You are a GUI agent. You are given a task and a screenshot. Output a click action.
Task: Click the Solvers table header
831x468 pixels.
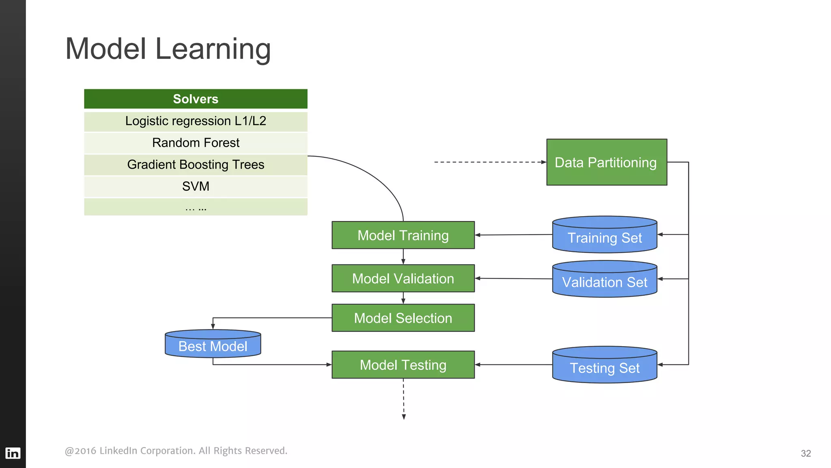click(196, 99)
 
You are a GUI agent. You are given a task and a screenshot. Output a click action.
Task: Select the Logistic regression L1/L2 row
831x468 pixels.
click(196, 121)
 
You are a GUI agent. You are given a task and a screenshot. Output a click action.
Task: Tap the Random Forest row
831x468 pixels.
click(196, 143)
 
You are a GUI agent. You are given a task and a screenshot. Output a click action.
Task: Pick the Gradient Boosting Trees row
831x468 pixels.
click(196, 165)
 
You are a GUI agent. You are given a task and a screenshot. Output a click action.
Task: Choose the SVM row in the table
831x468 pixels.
click(196, 186)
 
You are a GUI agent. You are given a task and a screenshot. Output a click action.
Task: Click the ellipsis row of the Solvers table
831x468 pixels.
click(196, 207)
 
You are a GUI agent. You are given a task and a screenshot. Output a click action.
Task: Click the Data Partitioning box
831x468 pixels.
click(606, 162)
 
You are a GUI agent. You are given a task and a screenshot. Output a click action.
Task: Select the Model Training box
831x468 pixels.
click(403, 235)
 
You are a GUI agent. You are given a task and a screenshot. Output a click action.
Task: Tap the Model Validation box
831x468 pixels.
click(403, 279)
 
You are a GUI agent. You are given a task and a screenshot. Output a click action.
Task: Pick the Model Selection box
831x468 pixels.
click(403, 318)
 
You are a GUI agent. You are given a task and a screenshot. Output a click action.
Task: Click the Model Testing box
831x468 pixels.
click(403, 365)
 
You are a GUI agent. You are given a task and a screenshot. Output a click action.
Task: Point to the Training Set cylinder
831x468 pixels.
click(605, 236)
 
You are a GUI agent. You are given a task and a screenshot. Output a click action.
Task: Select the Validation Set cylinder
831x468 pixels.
click(605, 280)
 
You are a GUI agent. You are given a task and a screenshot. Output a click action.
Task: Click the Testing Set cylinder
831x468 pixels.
click(605, 366)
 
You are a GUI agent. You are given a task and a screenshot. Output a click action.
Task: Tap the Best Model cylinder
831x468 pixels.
click(213, 344)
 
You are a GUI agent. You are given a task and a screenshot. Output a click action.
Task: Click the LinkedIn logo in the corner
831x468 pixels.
click(13, 453)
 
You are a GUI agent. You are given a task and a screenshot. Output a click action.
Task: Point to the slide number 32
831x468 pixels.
click(805, 453)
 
